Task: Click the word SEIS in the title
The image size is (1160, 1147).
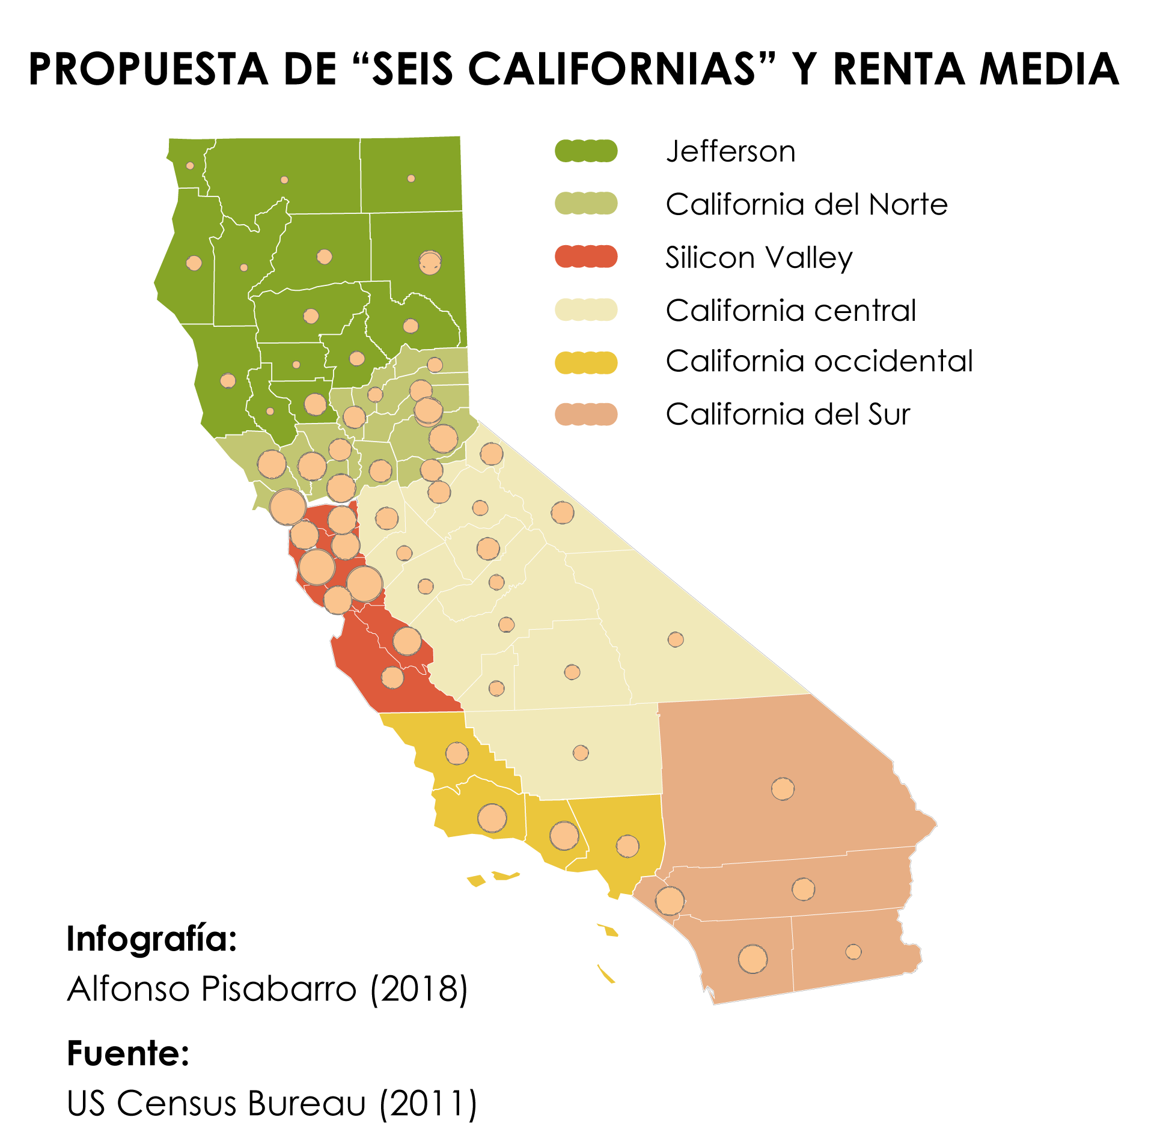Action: point(412,69)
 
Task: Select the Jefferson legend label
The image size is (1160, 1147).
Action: point(730,151)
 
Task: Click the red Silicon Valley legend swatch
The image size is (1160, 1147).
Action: point(585,257)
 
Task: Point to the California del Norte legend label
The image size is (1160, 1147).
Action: point(807,204)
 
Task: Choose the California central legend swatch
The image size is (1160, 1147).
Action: point(585,310)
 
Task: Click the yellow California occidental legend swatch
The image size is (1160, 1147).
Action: point(585,362)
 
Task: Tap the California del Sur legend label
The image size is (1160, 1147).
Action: point(788,415)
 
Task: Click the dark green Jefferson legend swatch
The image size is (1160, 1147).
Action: point(585,151)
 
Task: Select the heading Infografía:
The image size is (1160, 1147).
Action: point(152,939)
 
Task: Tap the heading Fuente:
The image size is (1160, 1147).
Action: point(128,1053)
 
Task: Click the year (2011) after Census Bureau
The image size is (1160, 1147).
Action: point(428,1104)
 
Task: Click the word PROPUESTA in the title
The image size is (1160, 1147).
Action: point(148,69)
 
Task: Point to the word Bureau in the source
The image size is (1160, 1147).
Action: point(307,1104)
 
